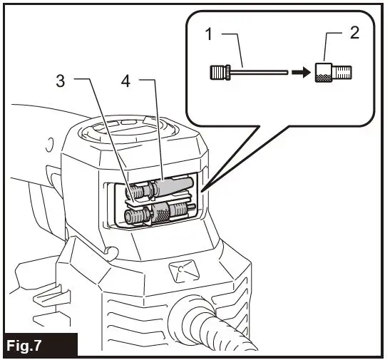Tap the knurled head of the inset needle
(x=219, y=72)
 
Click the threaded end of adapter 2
(x=344, y=71)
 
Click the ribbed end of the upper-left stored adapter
(x=133, y=192)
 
